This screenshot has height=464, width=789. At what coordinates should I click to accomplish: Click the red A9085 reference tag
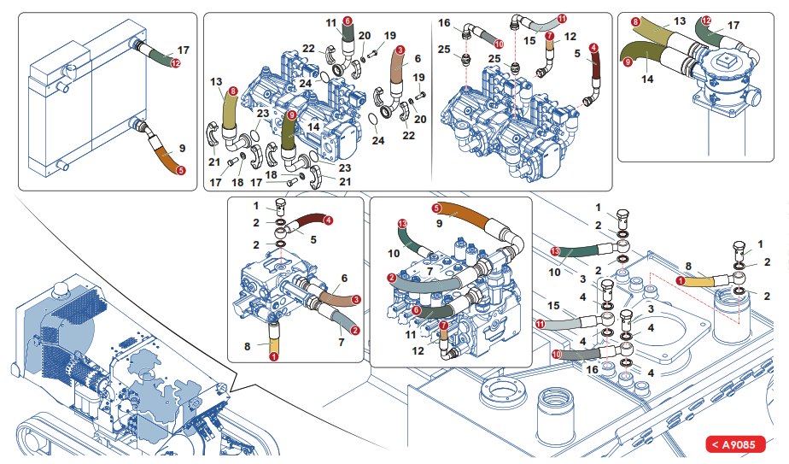click(x=735, y=444)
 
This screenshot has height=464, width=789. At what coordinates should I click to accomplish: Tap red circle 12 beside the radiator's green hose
click(x=175, y=63)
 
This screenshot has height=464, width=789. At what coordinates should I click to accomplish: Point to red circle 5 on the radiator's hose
click(x=179, y=170)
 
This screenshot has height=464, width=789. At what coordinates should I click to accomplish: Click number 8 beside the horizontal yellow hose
click(x=688, y=267)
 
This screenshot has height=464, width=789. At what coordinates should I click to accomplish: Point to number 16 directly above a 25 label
click(x=445, y=22)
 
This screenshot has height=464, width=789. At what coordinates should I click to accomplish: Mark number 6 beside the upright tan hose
click(x=418, y=59)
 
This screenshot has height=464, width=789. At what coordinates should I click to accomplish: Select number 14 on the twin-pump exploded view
click(x=313, y=126)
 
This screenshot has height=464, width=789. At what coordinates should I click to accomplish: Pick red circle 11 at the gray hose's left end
click(x=540, y=325)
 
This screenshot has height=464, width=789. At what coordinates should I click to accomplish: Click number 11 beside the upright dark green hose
click(x=331, y=22)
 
